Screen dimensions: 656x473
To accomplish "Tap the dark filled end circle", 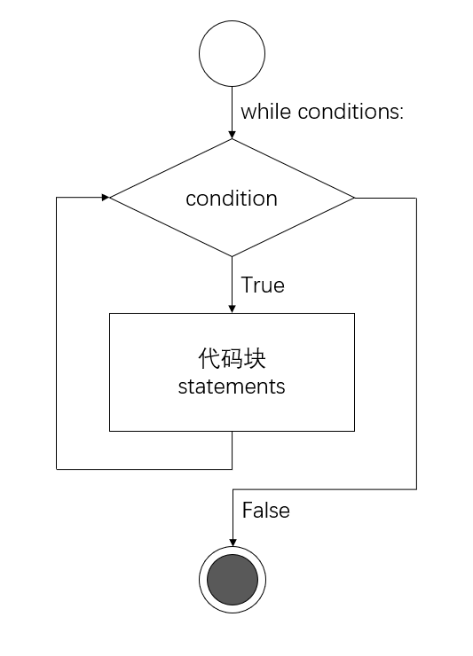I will point(232,581).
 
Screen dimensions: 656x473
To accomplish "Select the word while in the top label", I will point(266,112).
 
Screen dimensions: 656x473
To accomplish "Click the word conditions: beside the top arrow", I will point(351,112).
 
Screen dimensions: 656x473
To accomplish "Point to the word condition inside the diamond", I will point(232,199).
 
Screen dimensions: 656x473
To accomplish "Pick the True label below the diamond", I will point(263,285).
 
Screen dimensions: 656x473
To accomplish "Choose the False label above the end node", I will point(265,512).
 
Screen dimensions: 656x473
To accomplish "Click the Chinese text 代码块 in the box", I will point(232,360).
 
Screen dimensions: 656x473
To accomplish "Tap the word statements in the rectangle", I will point(232,387).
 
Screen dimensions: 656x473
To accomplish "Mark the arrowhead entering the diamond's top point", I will point(232,134).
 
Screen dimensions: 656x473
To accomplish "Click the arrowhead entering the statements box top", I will point(232,308).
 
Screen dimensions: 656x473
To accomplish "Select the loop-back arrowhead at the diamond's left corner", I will point(104,198).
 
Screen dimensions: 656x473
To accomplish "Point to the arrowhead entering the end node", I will point(232,543).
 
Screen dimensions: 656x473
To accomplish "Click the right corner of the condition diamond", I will point(354,198).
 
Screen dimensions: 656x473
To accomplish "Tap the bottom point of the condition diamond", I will point(232,256).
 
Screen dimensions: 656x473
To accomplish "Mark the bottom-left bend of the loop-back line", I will point(57,467).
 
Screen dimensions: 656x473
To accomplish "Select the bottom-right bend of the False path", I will point(416,488).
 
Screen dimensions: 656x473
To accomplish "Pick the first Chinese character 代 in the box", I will point(207,360).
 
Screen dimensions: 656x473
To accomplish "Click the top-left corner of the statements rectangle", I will point(109,313).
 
